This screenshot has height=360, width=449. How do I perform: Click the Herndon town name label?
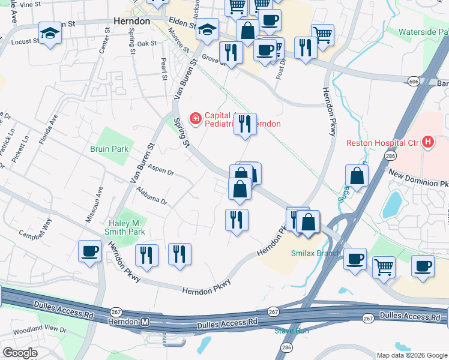coord(131,20)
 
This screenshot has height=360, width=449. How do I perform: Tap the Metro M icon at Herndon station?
coord(144,322)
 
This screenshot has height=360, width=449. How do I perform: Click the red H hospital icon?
coord(427,142)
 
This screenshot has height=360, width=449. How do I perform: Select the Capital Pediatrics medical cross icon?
coord(195,119)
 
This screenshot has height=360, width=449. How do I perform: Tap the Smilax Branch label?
coord(316,253)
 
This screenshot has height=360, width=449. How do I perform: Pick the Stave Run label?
coord(291,331)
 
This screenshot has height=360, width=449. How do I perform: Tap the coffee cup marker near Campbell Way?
coord(90,251)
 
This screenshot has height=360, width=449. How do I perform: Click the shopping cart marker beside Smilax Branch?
coord(384,267)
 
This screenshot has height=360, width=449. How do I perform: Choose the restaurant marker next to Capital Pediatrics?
coord(245,124)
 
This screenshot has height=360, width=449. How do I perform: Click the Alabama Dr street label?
coord(151,196)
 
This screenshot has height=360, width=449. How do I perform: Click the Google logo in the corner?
coord(20,353)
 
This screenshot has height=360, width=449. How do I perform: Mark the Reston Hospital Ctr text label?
coord(384,142)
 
